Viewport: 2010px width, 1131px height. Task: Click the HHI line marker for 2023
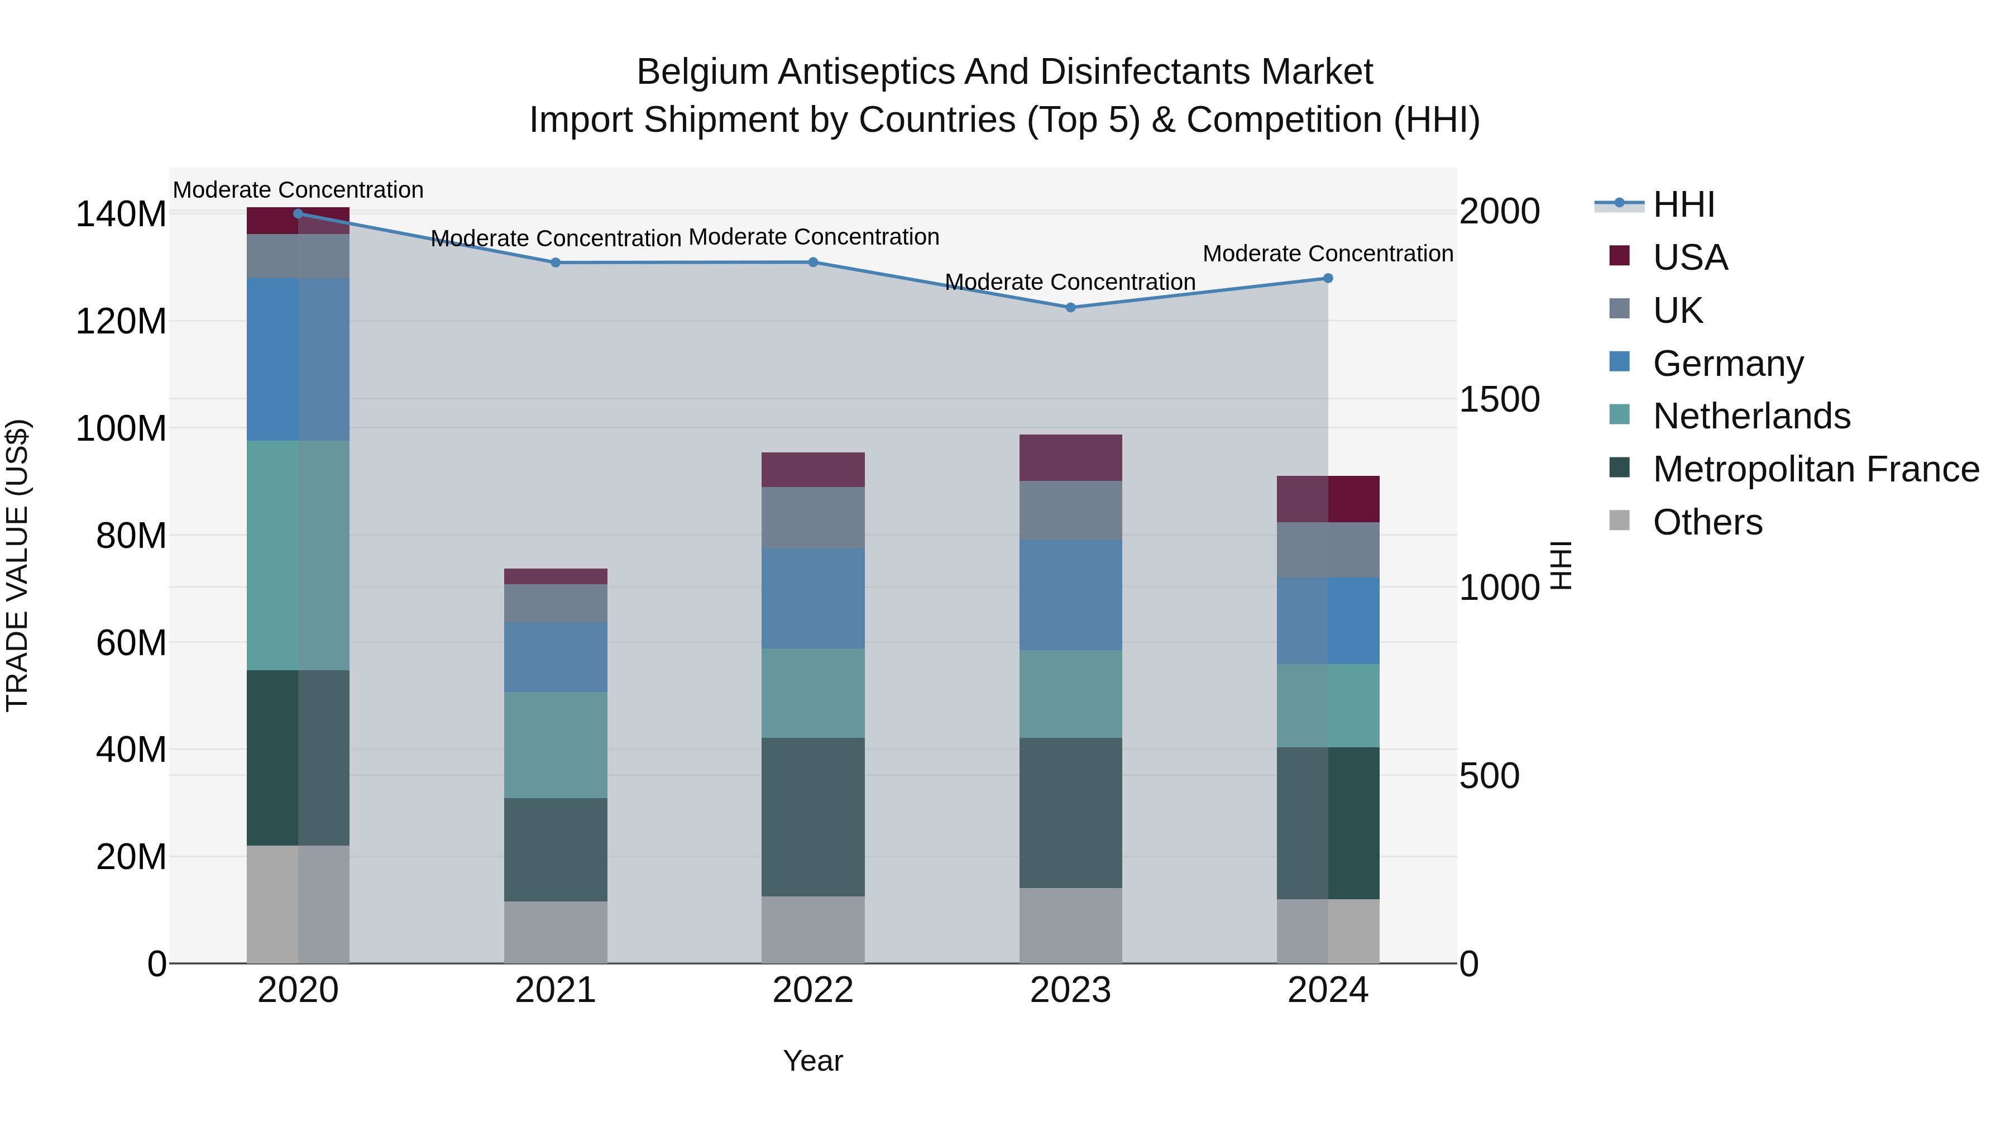[x=1070, y=308]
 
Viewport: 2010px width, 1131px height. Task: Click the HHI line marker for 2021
[x=556, y=263]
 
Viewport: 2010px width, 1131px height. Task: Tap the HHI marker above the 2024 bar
[x=1328, y=279]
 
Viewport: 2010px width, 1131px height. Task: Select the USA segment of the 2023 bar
[x=1070, y=458]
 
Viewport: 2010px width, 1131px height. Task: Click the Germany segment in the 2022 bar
[x=813, y=599]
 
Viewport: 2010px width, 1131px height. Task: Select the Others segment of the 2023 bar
[x=1070, y=925]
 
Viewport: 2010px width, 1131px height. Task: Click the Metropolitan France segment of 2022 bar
[x=813, y=817]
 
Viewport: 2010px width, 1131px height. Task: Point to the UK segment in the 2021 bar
[x=556, y=603]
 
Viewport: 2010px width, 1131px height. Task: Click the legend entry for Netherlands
[x=1751, y=416]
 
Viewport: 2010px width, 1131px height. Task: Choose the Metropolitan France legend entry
[x=1816, y=469]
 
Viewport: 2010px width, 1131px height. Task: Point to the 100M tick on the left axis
[x=121, y=428]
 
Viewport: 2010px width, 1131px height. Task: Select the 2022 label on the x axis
[x=813, y=990]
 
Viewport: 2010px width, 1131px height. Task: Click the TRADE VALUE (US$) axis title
[x=18, y=565]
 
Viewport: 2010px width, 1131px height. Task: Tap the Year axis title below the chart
[x=813, y=1061]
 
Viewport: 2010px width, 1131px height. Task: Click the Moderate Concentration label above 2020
[x=298, y=190]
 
